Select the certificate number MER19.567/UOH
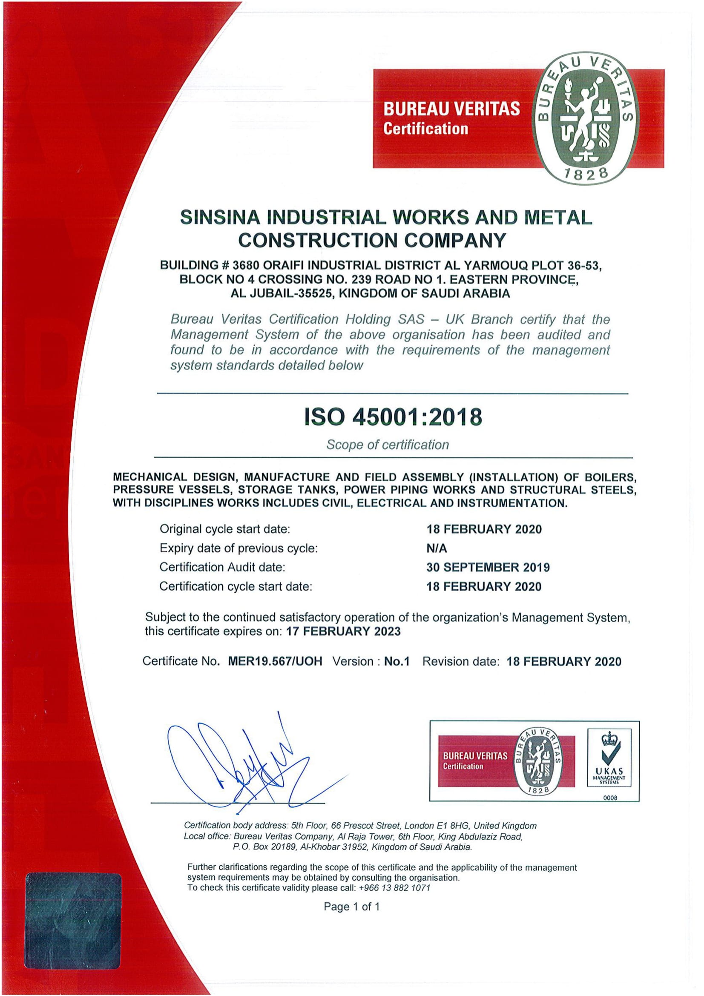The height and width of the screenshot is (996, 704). tap(275, 662)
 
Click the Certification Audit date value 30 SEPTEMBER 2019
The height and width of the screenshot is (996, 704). tap(488, 567)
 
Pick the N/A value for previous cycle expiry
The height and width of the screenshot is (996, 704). tap(437, 548)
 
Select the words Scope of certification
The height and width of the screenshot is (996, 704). tap(388, 445)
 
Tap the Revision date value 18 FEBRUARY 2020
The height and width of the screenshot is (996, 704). tap(564, 662)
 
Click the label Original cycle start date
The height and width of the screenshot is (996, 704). tap(225, 529)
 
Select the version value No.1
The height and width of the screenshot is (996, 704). tap(397, 662)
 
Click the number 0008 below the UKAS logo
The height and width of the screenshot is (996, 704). tap(610, 797)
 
